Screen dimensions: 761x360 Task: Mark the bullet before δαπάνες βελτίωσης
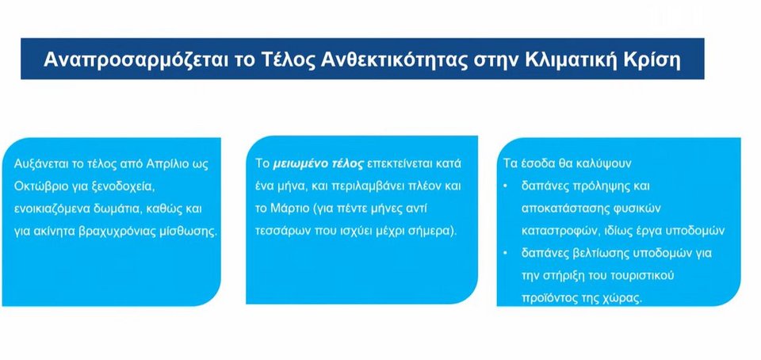click(507, 254)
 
